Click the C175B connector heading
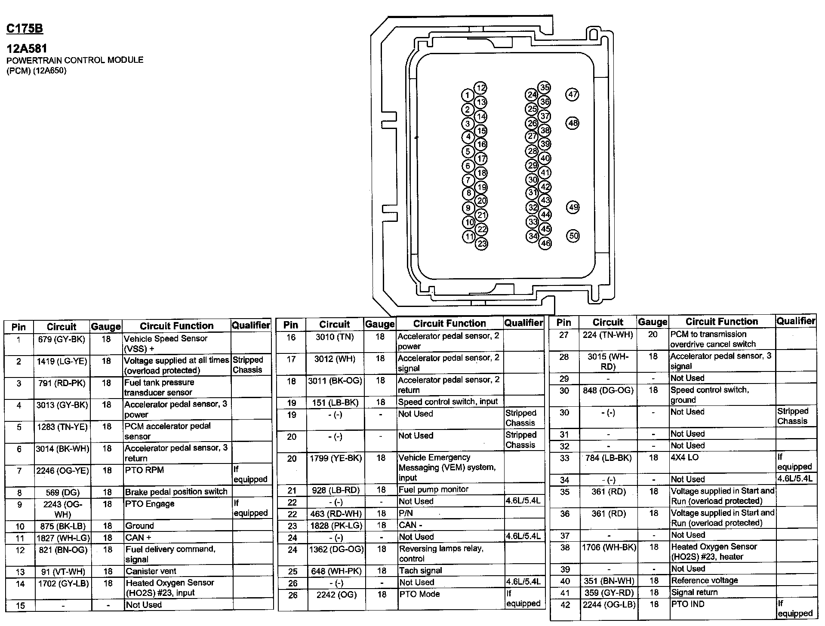[25, 29]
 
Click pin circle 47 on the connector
[573, 95]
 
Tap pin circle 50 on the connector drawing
[573, 236]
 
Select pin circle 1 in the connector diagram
[467, 95]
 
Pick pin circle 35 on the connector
[545, 88]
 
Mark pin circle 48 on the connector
[573, 123]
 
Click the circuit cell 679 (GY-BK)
[62, 339]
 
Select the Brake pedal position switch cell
[176, 492]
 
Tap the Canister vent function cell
[151, 571]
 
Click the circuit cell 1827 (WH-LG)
[63, 538]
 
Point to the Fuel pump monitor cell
[433, 489]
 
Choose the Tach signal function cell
[420, 571]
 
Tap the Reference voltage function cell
[705, 580]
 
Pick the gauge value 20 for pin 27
[653, 334]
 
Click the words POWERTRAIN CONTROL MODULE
[75, 60]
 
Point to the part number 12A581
[27, 49]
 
